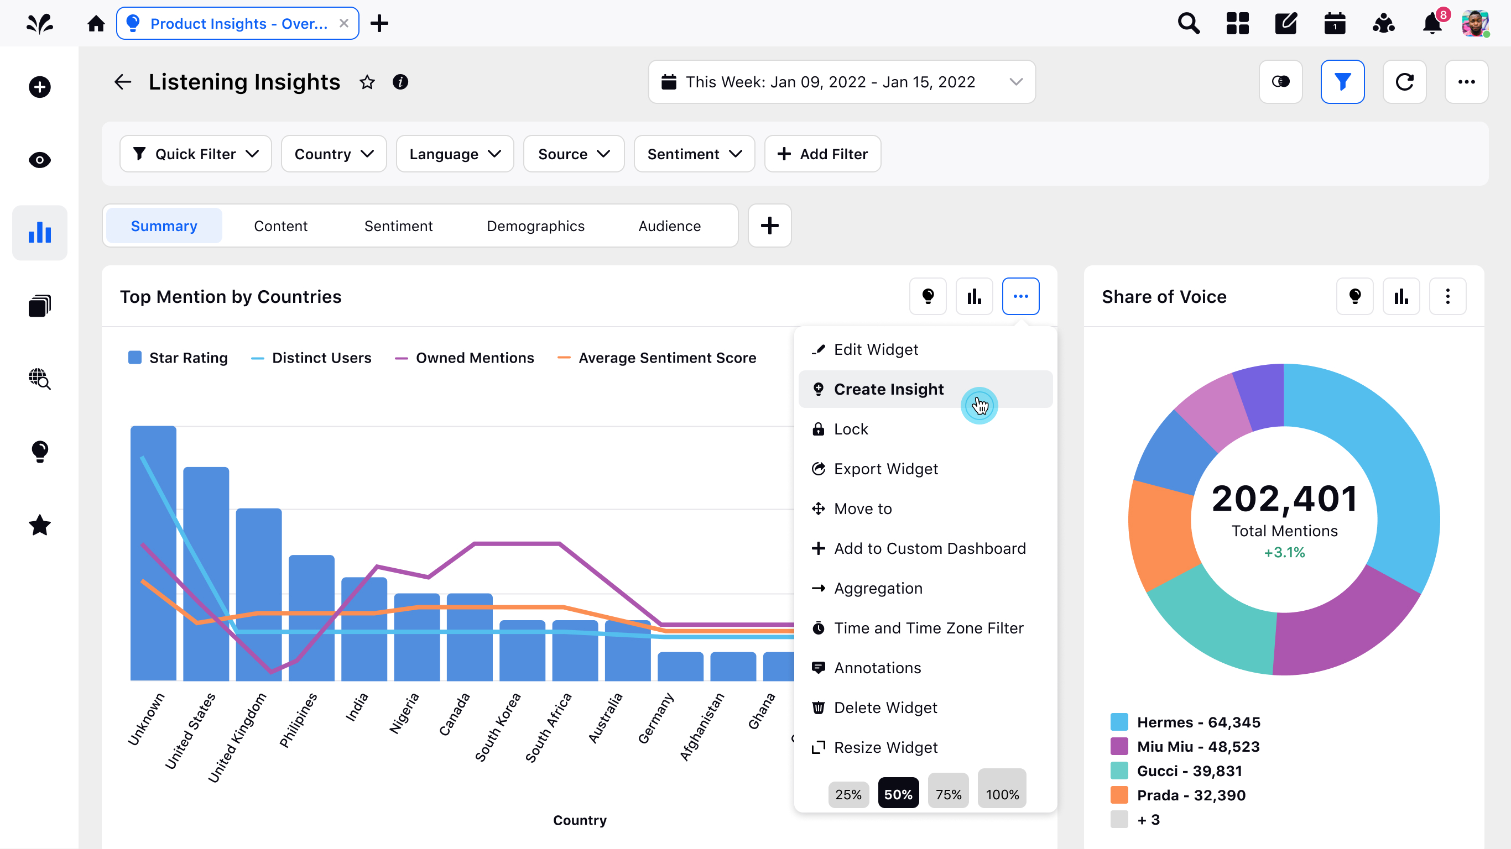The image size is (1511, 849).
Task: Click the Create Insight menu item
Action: pyautogui.click(x=889, y=389)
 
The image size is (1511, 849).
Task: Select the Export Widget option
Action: pyautogui.click(x=885, y=469)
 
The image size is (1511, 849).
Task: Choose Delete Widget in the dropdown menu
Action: pyautogui.click(x=884, y=707)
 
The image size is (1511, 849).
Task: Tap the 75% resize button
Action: pyautogui.click(x=948, y=794)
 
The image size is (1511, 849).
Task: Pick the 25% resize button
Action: pyautogui.click(x=848, y=794)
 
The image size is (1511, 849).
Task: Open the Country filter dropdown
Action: pyautogui.click(x=333, y=154)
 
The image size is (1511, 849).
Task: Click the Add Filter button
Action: pyautogui.click(x=822, y=154)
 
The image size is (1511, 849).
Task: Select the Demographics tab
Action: pyautogui.click(x=535, y=226)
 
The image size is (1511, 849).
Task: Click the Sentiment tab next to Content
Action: pyautogui.click(x=398, y=226)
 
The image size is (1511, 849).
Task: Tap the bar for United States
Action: pyautogui.click(x=206, y=575)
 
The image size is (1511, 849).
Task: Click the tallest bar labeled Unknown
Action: pyautogui.click(x=153, y=554)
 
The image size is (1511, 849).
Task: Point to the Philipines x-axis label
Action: pyautogui.click(x=299, y=720)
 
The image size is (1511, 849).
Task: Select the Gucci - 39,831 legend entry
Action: pyautogui.click(x=1189, y=771)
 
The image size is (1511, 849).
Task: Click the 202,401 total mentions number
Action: pyautogui.click(x=1284, y=499)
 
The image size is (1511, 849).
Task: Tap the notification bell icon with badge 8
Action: pyautogui.click(x=1432, y=23)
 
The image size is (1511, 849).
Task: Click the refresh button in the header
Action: pyautogui.click(x=1404, y=82)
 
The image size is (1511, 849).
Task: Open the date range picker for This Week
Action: pyautogui.click(x=841, y=82)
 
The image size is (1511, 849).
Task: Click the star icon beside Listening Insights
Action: pyautogui.click(x=367, y=82)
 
